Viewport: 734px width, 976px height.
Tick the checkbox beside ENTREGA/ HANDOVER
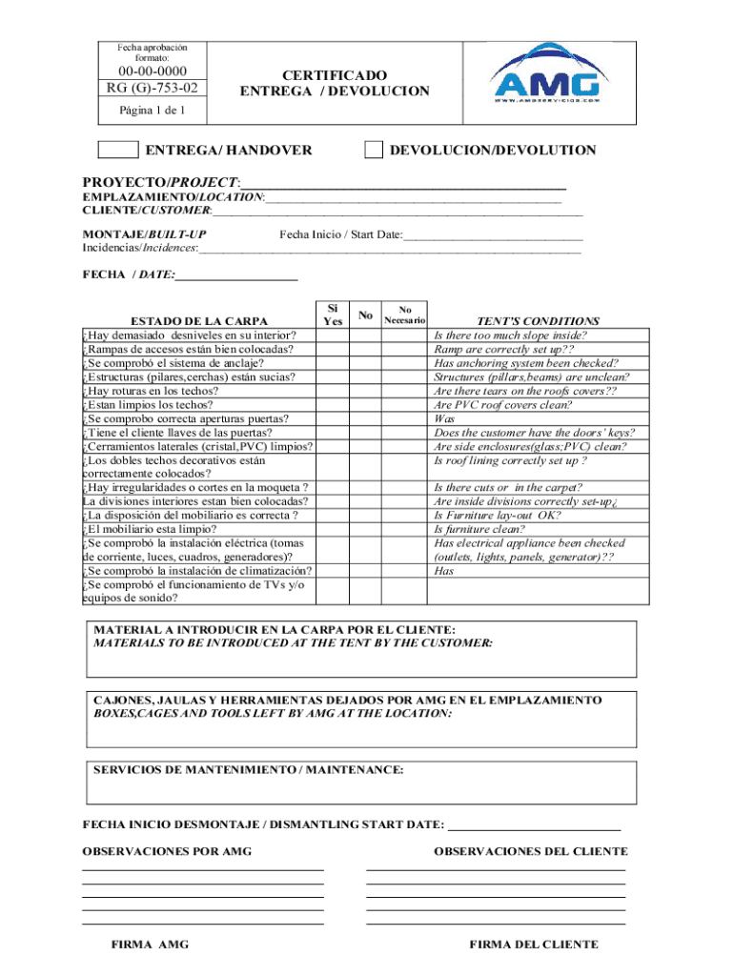[118, 150]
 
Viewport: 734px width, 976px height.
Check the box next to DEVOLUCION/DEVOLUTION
[375, 150]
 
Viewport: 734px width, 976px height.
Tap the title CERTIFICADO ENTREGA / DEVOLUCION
[334, 83]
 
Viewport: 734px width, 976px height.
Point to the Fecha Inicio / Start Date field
[492, 234]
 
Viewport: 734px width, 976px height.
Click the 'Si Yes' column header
[333, 315]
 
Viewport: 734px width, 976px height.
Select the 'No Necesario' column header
[404, 315]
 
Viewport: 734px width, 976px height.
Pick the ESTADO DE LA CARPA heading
[199, 321]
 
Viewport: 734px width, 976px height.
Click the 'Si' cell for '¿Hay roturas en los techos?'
[333, 391]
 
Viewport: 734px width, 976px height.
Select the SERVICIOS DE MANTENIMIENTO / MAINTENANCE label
[248, 768]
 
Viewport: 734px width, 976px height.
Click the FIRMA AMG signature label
[150, 945]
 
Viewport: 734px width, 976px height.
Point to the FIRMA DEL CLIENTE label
[534, 945]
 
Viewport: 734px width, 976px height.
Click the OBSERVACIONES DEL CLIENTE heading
[530, 851]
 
